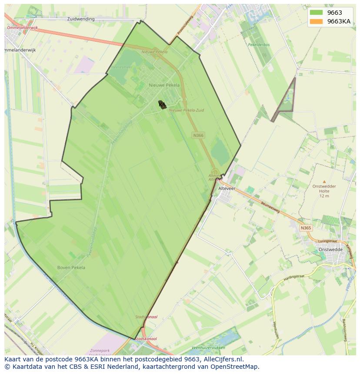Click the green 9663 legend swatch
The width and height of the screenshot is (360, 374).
click(x=316, y=13)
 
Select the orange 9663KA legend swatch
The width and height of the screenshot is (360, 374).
click(x=316, y=21)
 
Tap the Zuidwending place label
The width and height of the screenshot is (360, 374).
click(x=81, y=19)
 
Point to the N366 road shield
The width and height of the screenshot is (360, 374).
click(x=198, y=136)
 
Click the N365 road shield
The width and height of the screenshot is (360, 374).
click(x=306, y=228)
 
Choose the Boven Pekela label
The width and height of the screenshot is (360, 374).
click(x=71, y=268)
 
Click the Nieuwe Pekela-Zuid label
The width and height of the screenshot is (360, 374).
click(x=186, y=110)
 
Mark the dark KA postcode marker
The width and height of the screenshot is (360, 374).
click(x=162, y=105)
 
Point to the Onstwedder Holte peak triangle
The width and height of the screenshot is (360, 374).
click(x=324, y=182)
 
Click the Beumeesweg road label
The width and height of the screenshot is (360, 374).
click(x=270, y=209)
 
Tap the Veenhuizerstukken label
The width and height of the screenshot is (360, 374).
click(x=208, y=348)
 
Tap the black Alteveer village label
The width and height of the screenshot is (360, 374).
click(x=226, y=189)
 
